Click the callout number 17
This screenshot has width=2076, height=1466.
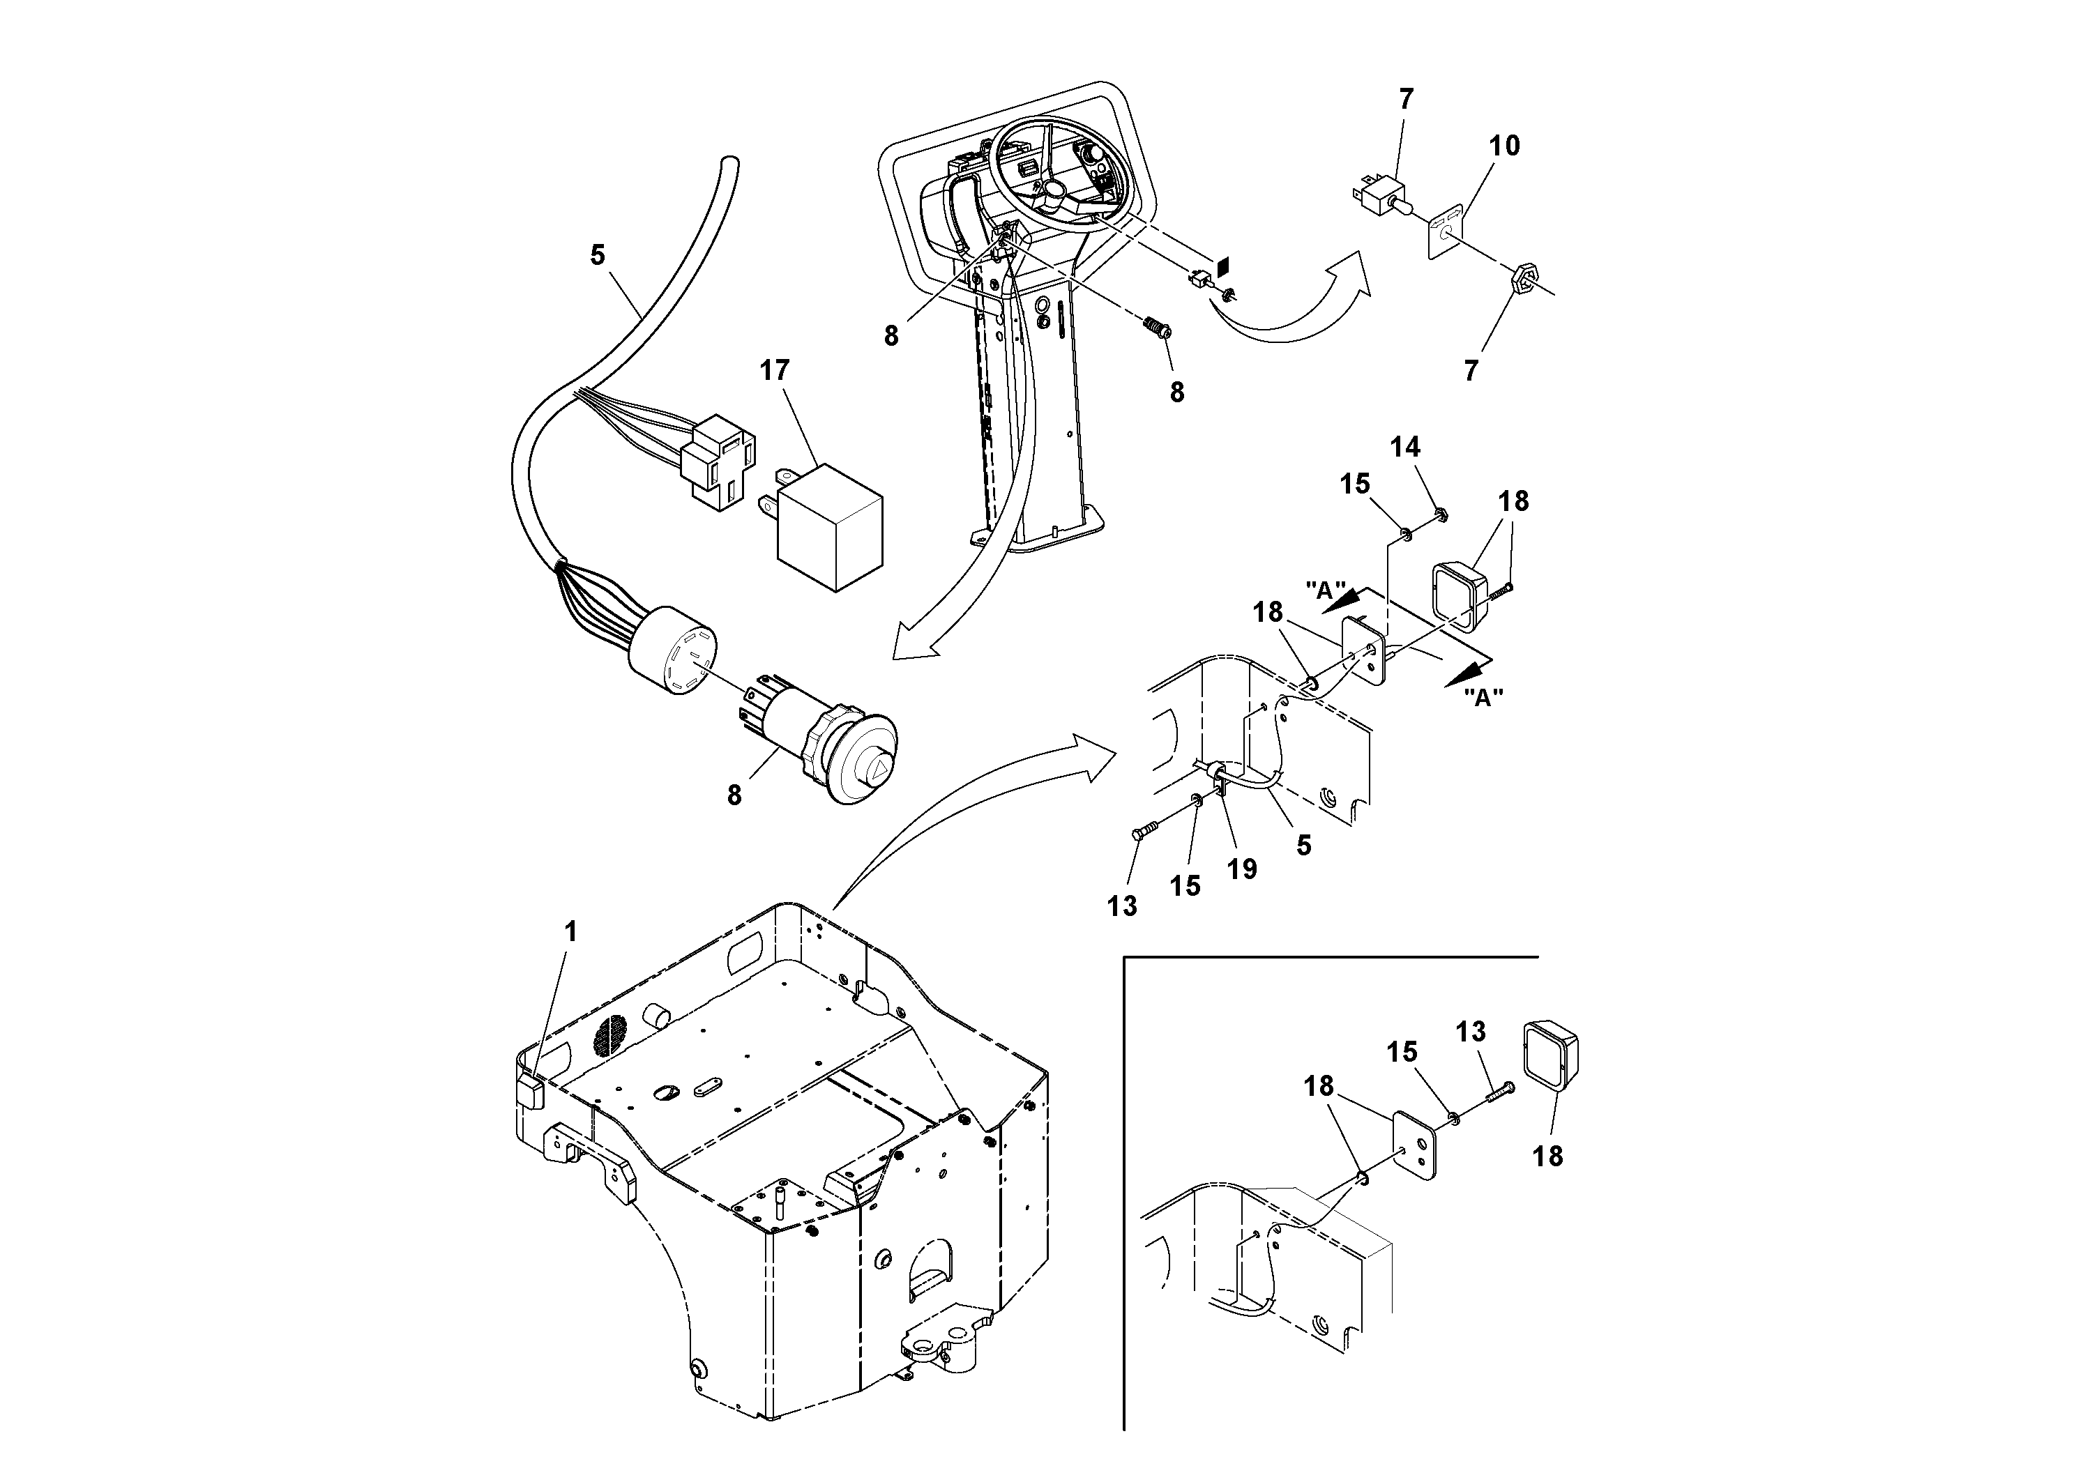(774, 371)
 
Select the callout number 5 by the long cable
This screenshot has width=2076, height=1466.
(597, 256)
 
